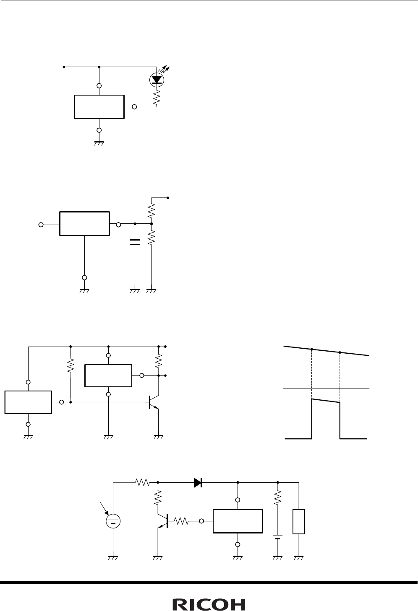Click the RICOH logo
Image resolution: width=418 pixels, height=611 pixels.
209,604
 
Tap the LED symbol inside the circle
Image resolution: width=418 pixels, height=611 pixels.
157,79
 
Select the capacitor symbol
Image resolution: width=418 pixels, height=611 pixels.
135,242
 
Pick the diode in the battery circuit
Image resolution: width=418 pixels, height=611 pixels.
198,483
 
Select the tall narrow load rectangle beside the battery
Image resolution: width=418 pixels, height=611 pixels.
299,521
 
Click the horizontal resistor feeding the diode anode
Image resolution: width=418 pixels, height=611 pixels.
142,483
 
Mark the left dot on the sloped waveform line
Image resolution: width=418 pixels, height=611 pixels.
311,349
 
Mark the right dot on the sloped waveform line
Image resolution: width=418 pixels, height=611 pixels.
340,352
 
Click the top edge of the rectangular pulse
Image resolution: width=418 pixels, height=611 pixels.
326,401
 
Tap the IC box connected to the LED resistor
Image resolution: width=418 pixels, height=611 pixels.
99,107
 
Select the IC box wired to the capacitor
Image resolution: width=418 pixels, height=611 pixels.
84,224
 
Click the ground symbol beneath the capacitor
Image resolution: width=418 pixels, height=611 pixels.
135,290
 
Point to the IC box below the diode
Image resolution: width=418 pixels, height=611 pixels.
238,521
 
